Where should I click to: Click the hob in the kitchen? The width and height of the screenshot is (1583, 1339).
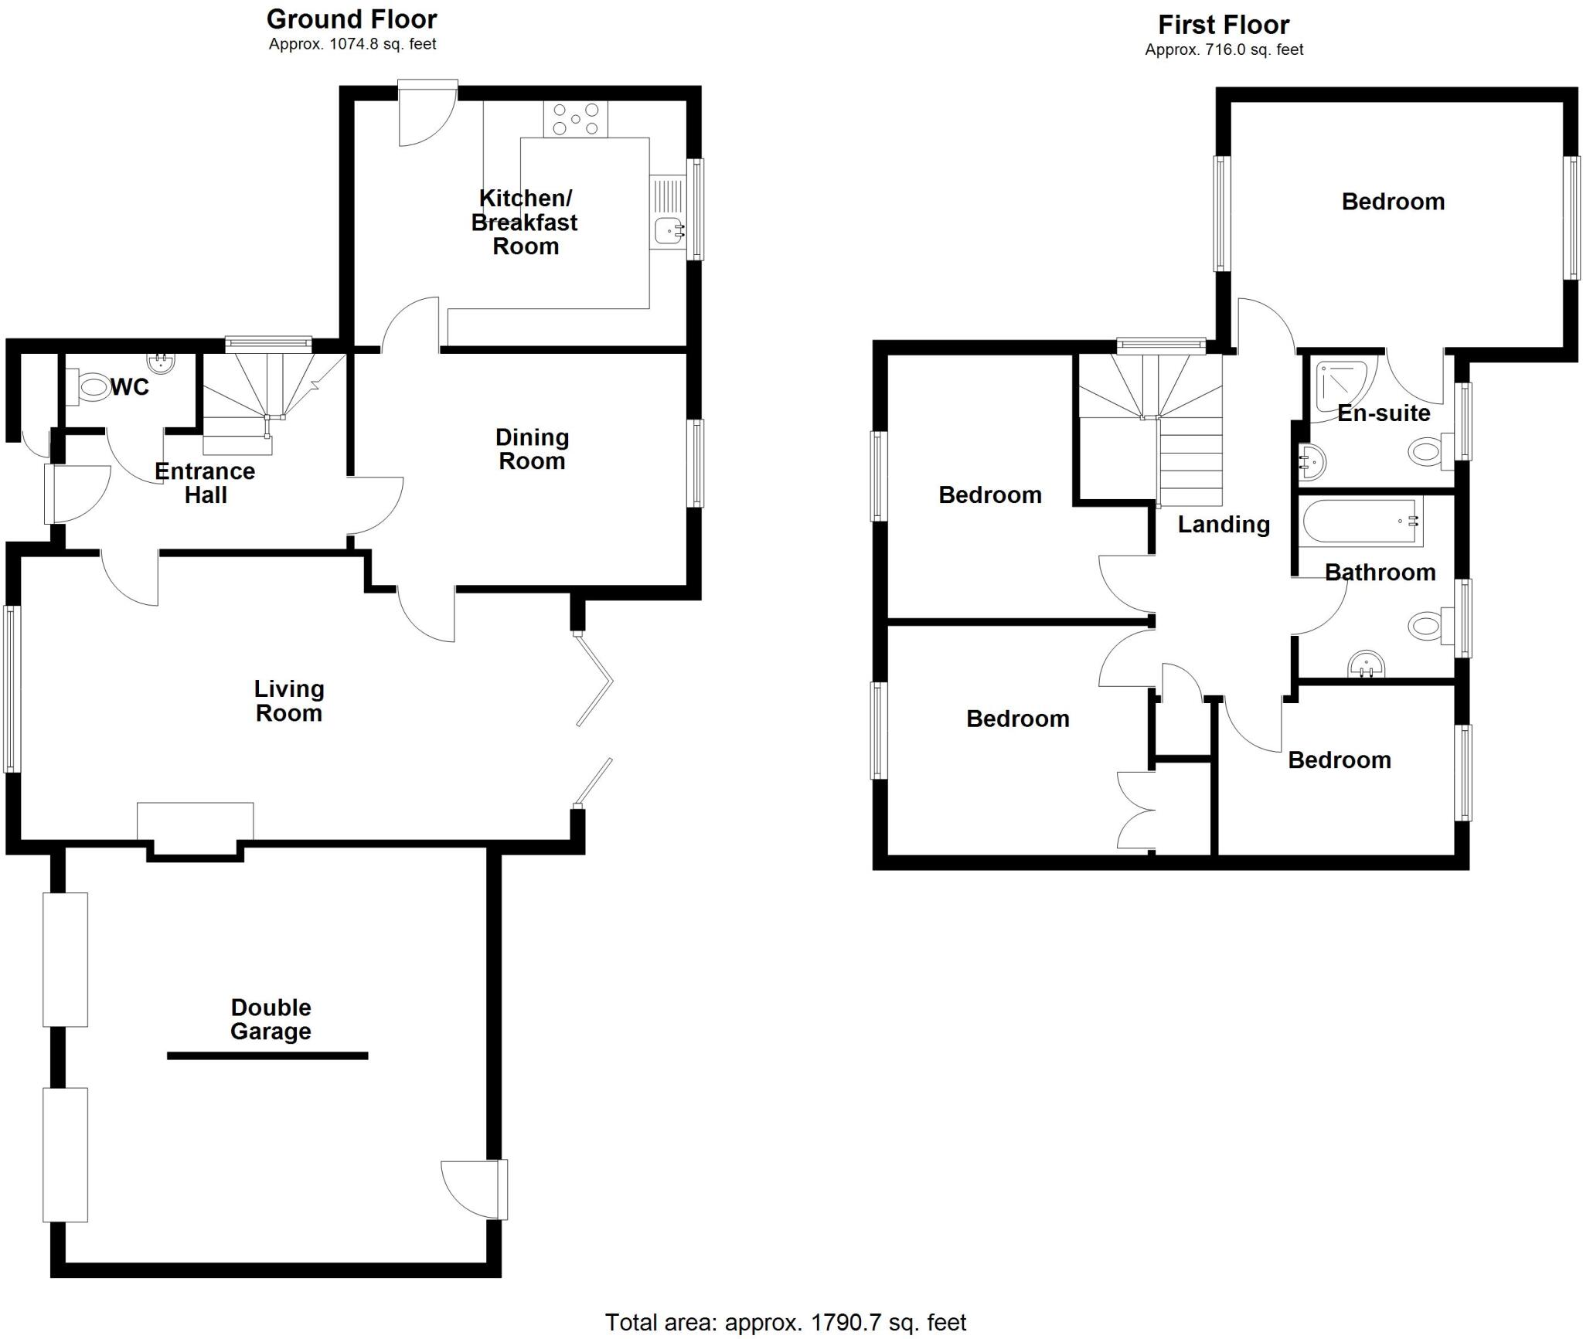click(576, 120)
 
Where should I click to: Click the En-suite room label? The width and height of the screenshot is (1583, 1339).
click(1384, 413)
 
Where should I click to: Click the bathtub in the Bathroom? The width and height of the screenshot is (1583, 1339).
click(1360, 521)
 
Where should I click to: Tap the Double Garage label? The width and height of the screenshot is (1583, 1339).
click(271, 1019)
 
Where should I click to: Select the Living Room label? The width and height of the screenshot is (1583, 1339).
click(289, 701)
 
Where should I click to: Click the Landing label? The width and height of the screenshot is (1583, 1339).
click(1224, 525)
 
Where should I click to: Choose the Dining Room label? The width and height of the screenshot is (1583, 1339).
click(532, 449)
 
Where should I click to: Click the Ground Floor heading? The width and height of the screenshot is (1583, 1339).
click(352, 19)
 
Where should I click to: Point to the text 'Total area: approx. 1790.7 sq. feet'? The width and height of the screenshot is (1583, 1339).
click(785, 1322)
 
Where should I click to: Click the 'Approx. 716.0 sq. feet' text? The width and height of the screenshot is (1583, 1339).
click(1224, 49)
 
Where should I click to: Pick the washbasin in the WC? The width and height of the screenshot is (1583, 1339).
click(162, 362)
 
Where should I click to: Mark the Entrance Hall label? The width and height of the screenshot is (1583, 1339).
click(205, 483)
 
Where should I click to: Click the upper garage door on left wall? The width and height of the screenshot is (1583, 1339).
click(66, 959)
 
